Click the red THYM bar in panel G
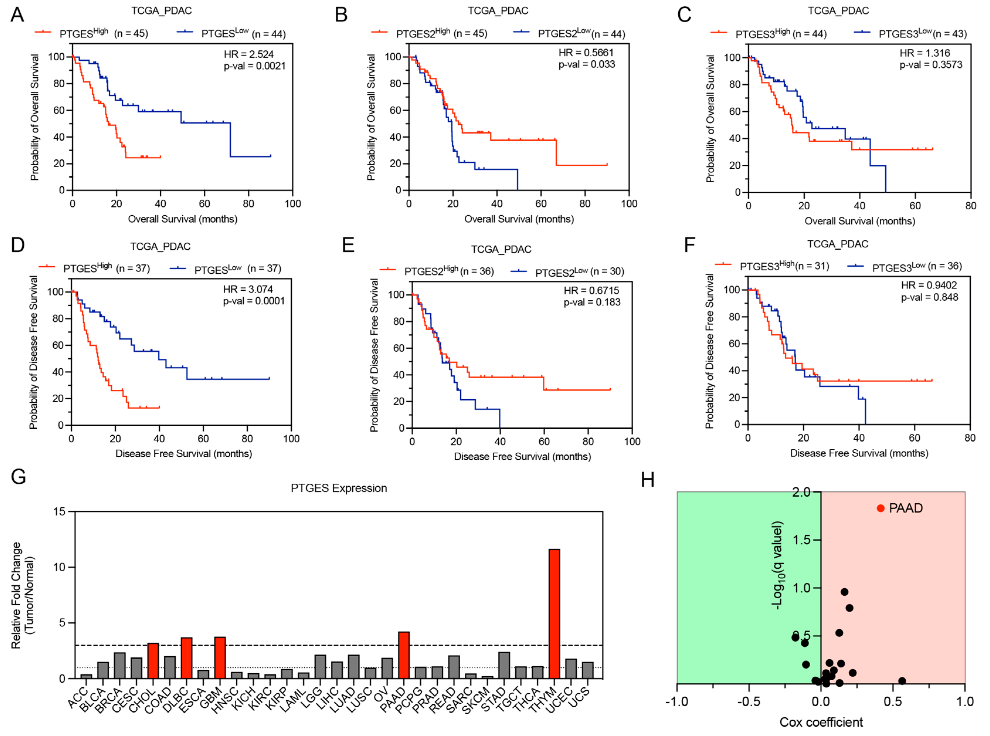tap(554, 614)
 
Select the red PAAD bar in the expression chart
tap(404, 655)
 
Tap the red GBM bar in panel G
tap(220, 657)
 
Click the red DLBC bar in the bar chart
tap(186, 658)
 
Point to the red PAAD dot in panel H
tap(880, 508)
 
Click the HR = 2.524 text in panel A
tap(249, 54)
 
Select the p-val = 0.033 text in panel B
tap(587, 64)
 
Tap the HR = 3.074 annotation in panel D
tap(248, 289)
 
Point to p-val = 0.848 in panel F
tap(929, 297)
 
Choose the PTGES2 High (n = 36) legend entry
tap(449, 271)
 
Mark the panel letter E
tap(348, 245)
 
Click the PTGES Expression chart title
tap(339, 488)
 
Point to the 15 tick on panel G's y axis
tap(59, 512)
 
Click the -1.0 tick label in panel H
tap(677, 702)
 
